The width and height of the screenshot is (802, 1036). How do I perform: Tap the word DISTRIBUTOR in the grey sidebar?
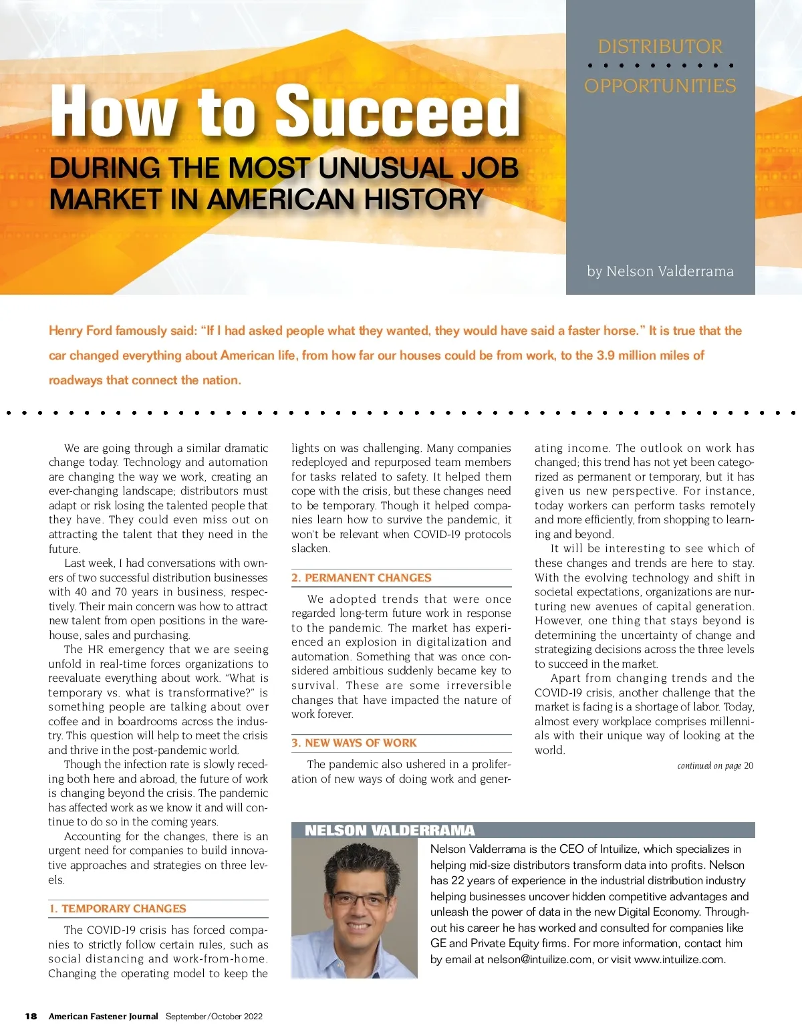(x=660, y=47)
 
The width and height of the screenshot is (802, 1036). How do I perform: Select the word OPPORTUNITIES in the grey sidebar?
(x=660, y=86)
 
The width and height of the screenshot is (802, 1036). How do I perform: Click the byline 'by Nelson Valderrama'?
(x=660, y=271)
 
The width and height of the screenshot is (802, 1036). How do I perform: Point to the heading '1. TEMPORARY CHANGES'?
(x=118, y=909)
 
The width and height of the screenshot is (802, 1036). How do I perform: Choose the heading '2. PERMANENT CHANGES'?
(x=362, y=578)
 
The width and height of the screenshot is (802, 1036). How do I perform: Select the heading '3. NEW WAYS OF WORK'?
(x=354, y=743)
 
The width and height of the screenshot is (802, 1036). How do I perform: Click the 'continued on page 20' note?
(x=715, y=766)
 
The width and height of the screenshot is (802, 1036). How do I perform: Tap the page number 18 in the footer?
(x=31, y=1017)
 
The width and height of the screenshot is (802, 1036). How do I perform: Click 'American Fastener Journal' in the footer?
(x=104, y=1017)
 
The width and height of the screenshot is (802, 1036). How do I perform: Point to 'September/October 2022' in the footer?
(x=214, y=1017)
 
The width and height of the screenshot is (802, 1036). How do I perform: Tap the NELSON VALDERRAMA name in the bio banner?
(x=390, y=831)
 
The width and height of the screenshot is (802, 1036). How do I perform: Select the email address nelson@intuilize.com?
(x=539, y=960)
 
